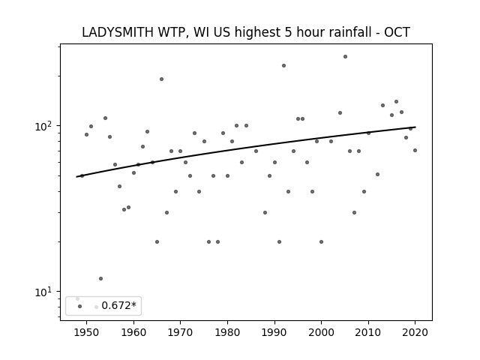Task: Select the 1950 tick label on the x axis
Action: [87, 332]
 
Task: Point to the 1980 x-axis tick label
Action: [227, 332]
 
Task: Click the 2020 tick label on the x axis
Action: [415, 332]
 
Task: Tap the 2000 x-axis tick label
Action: [322, 332]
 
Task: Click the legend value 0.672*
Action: [118, 305]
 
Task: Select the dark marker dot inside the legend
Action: [80, 306]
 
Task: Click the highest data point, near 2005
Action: [345, 57]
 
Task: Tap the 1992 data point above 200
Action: [283, 65]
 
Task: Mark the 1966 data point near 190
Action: [162, 79]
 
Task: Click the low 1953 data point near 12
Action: [100, 278]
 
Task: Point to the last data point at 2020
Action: [415, 150]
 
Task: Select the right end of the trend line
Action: [415, 127]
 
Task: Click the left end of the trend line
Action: [76, 177]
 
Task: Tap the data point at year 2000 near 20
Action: [322, 241]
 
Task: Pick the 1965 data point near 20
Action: [157, 241]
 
